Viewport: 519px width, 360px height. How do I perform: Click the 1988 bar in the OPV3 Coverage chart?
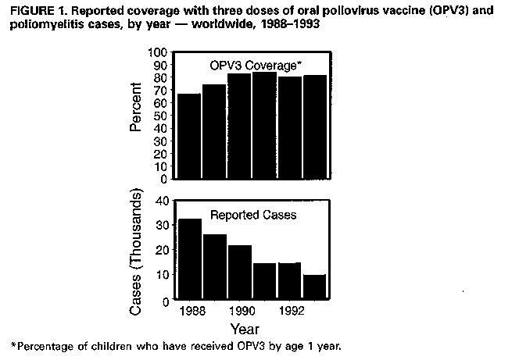(190, 136)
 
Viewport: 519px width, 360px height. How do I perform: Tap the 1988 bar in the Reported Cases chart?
(190, 259)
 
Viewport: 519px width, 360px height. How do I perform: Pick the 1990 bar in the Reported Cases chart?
(239, 273)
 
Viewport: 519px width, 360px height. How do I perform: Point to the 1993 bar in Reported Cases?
(314, 287)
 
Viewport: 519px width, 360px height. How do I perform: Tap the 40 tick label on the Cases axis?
(163, 201)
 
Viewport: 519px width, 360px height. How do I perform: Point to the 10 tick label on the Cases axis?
(163, 275)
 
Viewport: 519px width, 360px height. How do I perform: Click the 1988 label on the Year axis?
(191, 312)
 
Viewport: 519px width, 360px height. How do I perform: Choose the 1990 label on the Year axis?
(240, 312)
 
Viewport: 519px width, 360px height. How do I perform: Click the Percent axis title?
(135, 115)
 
